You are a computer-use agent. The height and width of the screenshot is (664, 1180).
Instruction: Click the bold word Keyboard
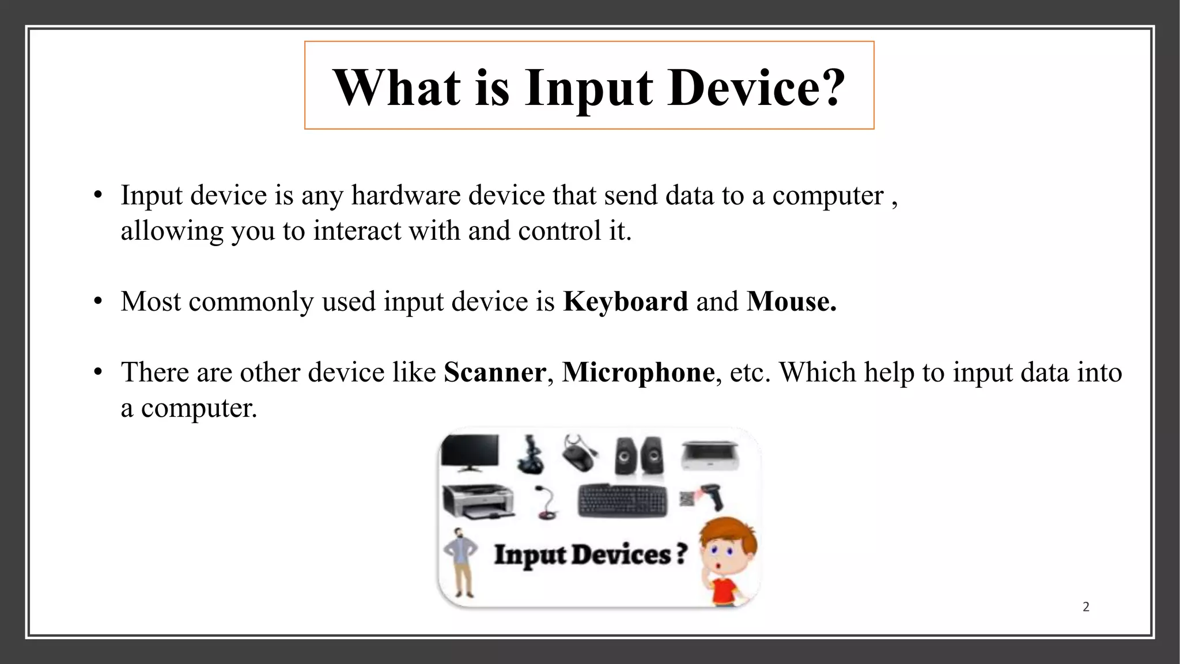point(625,301)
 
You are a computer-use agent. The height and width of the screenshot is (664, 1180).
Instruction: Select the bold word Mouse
point(791,301)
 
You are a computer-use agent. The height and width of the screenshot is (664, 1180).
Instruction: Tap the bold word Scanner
point(494,372)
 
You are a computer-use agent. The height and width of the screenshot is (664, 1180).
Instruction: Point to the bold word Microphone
point(638,372)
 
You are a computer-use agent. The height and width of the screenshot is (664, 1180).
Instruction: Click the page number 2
point(1086,606)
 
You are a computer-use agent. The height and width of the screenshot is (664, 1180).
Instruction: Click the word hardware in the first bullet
point(407,195)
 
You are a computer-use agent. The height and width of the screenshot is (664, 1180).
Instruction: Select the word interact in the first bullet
point(357,231)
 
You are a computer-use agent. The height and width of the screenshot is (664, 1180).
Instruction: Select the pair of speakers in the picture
point(638,456)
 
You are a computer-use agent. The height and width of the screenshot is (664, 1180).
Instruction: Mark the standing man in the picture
point(462,562)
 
